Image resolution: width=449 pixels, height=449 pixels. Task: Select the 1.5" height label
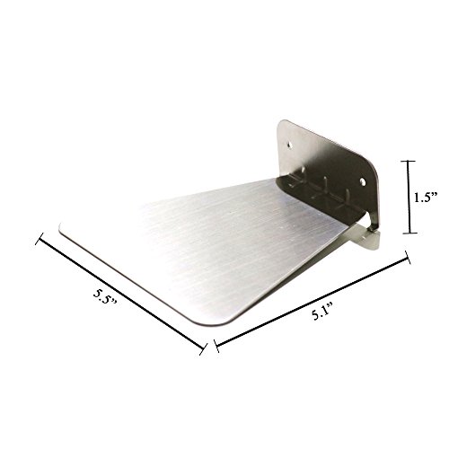point(426,198)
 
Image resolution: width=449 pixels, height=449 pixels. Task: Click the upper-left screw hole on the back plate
point(289,145)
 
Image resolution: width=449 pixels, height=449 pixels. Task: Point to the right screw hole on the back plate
point(363,181)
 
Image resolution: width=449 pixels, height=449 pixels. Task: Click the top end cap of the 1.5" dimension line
point(408,161)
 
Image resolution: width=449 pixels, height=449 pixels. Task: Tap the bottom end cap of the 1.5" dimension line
point(409,233)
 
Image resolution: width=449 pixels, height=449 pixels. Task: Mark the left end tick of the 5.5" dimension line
point(40,239)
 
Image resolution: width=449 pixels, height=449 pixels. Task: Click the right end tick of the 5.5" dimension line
point(204,349)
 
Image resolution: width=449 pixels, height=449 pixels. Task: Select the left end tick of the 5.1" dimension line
point(216,346)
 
